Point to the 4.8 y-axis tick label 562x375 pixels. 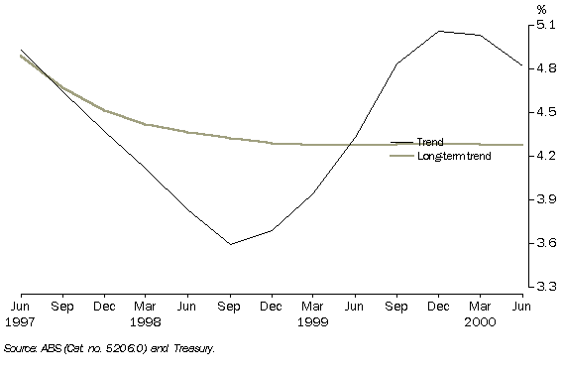[545, 68]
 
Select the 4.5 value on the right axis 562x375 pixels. [545, 112]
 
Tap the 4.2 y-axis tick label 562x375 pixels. [545, 156]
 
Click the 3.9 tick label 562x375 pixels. [545, 199]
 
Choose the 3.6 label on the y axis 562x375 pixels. [545, 243]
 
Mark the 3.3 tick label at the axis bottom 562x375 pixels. [545, 287]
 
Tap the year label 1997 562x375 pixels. [21, 321]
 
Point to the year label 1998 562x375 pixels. [146, 321]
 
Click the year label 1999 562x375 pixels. [313, 321]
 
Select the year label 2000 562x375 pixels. [480, 321]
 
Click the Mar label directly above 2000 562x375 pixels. [480, 308]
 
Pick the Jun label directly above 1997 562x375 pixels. [21, 308]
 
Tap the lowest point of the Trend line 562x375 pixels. [230, 244]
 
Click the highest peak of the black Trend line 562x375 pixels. [438, 31]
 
